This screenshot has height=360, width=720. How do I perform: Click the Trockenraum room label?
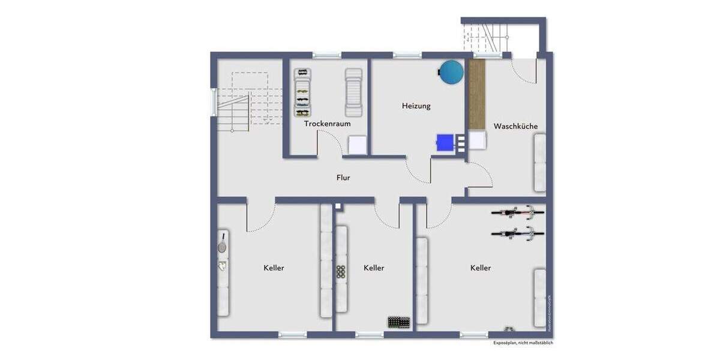pyautogui.click(x=327, y=124)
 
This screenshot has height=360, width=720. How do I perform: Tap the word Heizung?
pyautogui.click(x=416, y=106)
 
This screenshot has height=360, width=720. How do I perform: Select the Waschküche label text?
pyautogui.click(x=515, y=126)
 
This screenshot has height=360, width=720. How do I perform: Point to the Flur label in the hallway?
pyautogui.click(x=343, y=178)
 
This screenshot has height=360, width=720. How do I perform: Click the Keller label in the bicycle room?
pyautogui.click(x=480, y=268)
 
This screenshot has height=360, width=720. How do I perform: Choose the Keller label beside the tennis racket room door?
pyautogui.click(x=274, y=268)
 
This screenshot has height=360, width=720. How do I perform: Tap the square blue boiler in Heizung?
pyautogui.click(x=445, y=142)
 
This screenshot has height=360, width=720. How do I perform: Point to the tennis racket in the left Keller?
pyautogui.click(x=222, y=243)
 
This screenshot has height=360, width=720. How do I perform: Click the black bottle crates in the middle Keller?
pyautogui.click(x=398, y=323)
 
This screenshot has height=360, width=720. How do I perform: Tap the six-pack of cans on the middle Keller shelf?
pyautogui.click(x=341, y=272)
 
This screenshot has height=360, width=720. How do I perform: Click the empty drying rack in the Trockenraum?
pyautogui.click(x=353, y=92)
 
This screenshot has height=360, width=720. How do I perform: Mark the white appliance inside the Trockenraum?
pyautogui.click(x=357, y=145)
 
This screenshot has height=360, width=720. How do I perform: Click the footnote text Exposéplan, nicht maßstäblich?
pyautogui.click(x=523, y=343)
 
